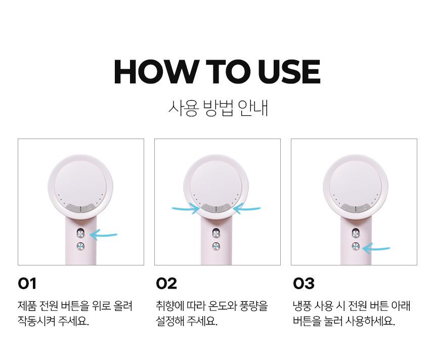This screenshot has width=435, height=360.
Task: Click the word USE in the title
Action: coord(289,72)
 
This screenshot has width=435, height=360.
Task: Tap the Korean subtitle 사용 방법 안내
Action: coord(218,108)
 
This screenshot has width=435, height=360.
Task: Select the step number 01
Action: coord(27,284)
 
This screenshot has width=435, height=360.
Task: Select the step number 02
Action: coord(166,284)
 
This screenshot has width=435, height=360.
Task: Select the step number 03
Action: coord(303,284)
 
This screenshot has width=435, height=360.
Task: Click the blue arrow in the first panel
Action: coord(104,235)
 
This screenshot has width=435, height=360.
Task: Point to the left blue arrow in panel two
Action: coord(186,208)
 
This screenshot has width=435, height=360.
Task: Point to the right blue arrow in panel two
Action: coord(247,208)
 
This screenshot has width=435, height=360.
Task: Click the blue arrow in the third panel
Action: coord(376,248)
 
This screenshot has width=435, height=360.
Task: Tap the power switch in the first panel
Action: coord(80,233)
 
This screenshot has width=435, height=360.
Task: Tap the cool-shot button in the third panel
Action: coord(356,246)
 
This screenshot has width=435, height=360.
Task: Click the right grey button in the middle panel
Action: coord(224,208)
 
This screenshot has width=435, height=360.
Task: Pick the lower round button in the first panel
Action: coord(80,246)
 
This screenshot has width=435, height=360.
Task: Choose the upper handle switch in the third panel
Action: coord(356,233)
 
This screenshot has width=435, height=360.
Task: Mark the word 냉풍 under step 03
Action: coord(302,306)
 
